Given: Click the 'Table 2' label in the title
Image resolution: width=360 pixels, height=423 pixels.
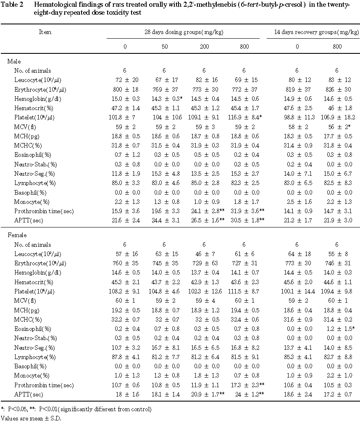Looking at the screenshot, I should click(13, 4).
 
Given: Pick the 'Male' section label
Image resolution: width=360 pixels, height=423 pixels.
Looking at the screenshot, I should click(14, 61).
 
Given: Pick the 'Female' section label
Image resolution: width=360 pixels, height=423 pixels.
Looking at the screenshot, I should click(17, 235).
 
